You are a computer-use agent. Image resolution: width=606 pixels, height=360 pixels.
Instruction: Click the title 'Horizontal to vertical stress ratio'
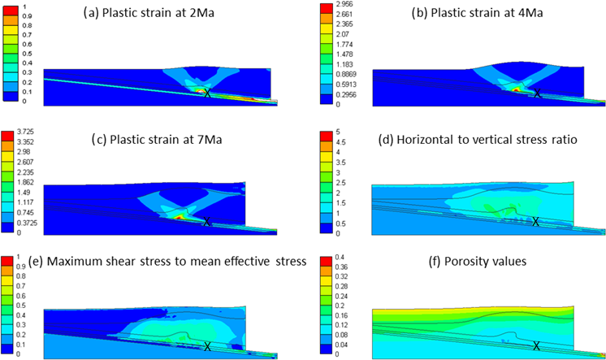(x=488, y=139)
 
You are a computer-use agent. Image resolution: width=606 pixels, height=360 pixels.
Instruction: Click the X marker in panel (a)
(x=206, y=93)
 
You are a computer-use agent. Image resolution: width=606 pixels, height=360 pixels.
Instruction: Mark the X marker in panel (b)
(x=537, y=93)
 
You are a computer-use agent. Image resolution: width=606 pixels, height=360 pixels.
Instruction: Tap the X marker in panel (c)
(x=206, y=221)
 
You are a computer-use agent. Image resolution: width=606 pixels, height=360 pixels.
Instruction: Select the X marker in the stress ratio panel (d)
(x=535, y=221)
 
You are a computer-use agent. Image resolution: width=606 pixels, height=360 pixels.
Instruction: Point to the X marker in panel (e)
(x=208, y=346)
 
